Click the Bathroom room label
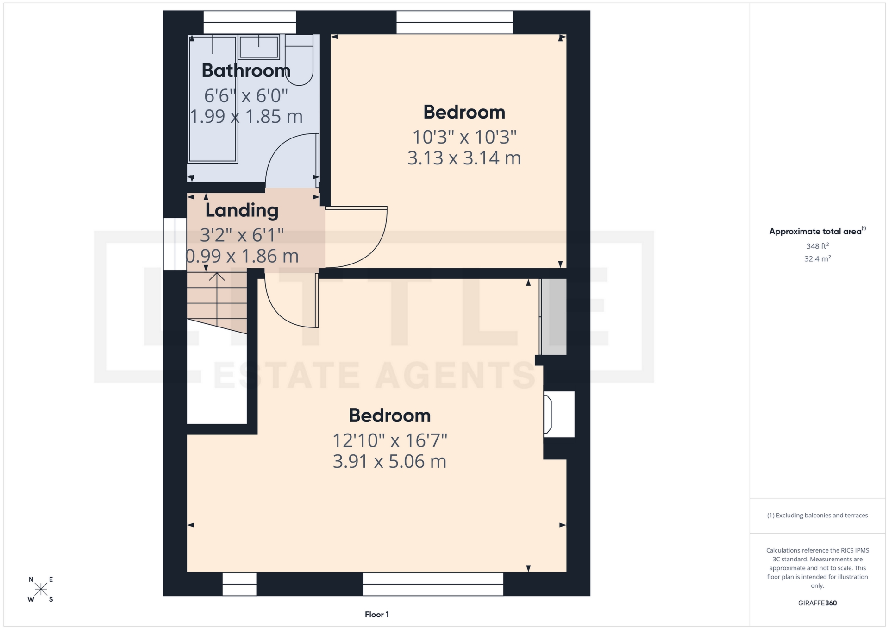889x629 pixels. point(246,71)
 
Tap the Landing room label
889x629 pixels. point(242,210)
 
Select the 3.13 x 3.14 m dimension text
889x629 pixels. point(464,158)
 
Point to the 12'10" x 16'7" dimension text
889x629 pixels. point(390,440)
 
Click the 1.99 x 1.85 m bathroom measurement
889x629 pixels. point(246,116)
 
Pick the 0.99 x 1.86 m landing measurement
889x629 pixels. point(242,256)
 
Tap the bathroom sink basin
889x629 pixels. point(258,47)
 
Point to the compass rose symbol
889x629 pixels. point(41,589)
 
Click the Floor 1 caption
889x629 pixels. point(376,615)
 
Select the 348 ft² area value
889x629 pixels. point(817,246)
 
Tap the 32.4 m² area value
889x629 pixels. point(817,258)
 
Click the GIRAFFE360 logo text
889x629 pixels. point(817,603)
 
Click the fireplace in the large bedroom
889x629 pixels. point(559,414)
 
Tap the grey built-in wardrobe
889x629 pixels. point(553,316)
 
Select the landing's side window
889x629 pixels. point(175,244)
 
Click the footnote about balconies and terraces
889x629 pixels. point(817,515)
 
